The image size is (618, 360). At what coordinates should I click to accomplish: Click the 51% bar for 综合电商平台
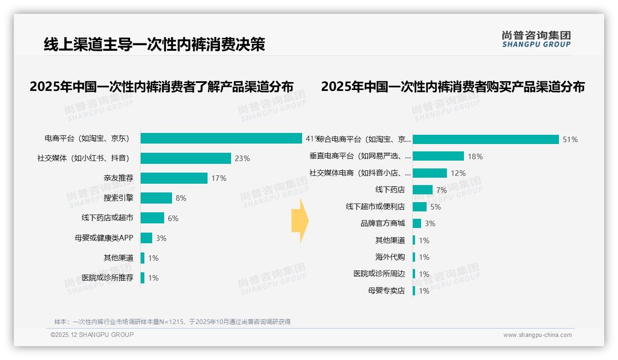485,139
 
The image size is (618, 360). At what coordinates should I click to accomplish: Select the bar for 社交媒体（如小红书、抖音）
185,158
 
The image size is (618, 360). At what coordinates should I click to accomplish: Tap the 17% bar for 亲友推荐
174,178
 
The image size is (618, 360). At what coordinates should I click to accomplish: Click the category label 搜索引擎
119,198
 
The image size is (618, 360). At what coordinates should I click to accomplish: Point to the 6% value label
173,218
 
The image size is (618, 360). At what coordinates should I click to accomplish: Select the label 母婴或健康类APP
104,238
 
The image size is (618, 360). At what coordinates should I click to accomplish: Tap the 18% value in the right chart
475,156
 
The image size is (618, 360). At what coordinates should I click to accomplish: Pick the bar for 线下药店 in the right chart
422,190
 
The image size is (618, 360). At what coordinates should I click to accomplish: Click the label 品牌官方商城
382,223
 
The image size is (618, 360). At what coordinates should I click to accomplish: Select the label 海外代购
390,257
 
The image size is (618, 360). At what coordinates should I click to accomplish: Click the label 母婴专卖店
386,291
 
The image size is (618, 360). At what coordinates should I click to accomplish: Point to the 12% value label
458,173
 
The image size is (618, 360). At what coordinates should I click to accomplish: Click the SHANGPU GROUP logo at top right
536,39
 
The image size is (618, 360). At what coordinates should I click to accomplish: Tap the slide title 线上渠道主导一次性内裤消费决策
154,45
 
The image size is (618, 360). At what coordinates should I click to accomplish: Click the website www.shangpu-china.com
537,335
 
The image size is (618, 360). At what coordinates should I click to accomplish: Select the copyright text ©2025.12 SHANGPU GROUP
92,335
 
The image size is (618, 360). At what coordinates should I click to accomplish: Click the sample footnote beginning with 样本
172,322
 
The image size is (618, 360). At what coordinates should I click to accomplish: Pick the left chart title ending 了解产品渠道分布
161,87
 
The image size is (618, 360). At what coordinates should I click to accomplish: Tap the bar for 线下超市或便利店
419,207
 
